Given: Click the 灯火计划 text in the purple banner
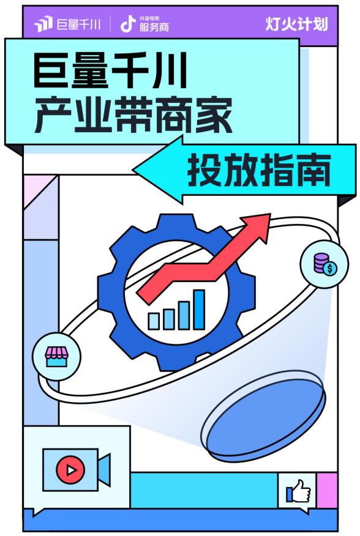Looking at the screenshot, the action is pos(296,24).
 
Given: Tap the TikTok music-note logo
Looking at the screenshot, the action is pos(127,24).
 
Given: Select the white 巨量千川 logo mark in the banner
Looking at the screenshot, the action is pos(43,24).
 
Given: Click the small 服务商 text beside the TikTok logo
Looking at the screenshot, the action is pos(154,27).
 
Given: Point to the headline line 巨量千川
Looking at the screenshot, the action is pos(110,71).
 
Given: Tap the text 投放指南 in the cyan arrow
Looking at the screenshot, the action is pos(259,170).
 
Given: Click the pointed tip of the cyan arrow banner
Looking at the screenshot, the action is pos(133,169).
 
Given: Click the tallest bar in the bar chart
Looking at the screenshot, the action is pos(199,310).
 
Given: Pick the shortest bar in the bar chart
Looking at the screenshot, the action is pos(153,321).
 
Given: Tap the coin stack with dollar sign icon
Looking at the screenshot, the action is pos(324,264).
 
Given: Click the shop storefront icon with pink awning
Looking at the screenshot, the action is pos(56,357).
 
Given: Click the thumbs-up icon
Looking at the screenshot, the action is pos(298,491).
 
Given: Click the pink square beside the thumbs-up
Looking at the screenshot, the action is pos(327,491).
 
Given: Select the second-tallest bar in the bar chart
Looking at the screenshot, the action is pos(184,316).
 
